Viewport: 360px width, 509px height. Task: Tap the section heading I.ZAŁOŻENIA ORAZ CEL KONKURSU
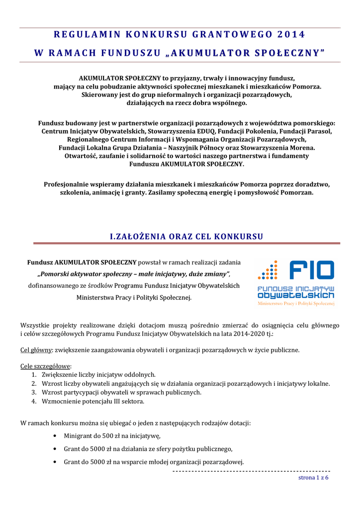click(186, 236)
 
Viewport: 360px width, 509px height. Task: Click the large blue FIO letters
click(311, 270)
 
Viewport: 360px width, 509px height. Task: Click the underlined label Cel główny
click(36, 349)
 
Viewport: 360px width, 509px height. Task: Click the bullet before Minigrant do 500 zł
click(54, 436)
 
